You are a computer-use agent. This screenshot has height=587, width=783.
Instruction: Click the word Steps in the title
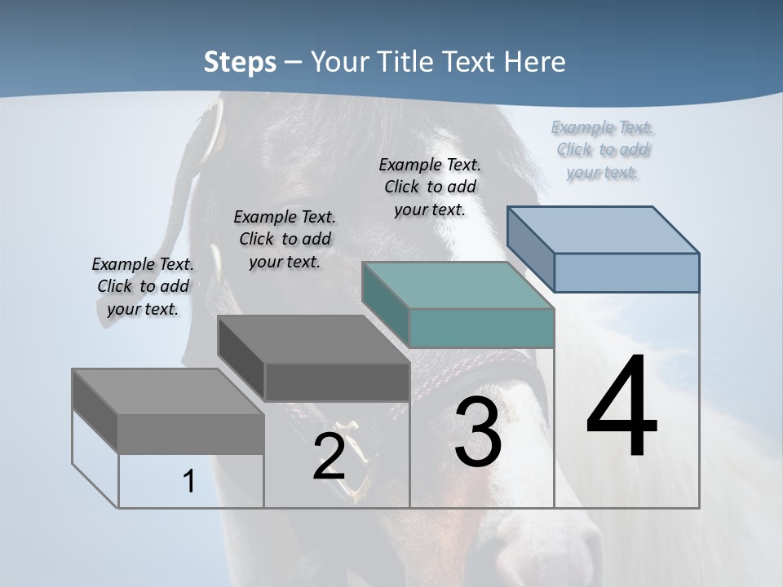pos(240,62)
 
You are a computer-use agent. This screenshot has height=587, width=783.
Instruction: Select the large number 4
pos(622,408)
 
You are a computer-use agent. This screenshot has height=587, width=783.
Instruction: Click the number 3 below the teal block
pos(478,432)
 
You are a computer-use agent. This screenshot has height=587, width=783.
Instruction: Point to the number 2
pos(329,457)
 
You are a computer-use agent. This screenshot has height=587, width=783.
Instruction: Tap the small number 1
pos(189,482)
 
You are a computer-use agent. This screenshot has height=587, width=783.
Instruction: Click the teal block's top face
pos(457,285)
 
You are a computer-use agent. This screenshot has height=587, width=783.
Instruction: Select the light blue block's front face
pos(626,272)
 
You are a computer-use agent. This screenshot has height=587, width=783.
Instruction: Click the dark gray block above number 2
pos(336,382)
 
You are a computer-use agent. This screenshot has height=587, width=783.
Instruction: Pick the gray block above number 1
pos(190,433)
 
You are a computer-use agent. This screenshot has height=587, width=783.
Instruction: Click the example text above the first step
pos(143,286)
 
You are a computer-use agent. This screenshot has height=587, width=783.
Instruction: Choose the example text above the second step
pos(285,239)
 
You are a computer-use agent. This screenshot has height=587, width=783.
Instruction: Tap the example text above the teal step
pos(430,187)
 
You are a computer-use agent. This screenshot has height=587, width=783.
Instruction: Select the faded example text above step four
pos(602,149)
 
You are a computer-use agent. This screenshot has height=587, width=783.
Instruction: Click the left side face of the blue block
pos(531,249)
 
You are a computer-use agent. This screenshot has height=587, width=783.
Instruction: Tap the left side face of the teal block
pos(386,304)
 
